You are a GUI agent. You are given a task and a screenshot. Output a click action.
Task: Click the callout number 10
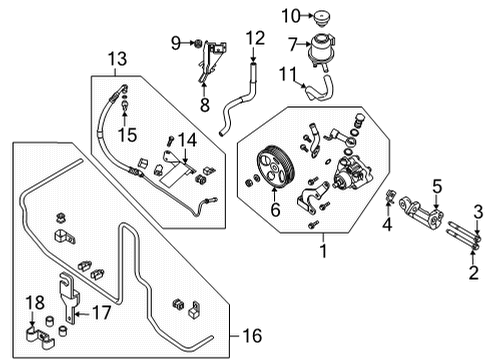click(x=290, y=15)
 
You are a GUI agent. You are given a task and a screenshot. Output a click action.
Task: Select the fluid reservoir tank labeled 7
click(x=327, y=49)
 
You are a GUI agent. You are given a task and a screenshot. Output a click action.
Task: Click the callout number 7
click(x=293, y=44)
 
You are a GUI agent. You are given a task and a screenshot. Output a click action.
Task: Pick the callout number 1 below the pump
click(x=322, y=241)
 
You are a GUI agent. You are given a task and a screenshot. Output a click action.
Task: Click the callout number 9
click(x=175, y=42)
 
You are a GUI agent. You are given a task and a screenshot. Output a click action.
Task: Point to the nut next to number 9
click(x=198, y=43)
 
